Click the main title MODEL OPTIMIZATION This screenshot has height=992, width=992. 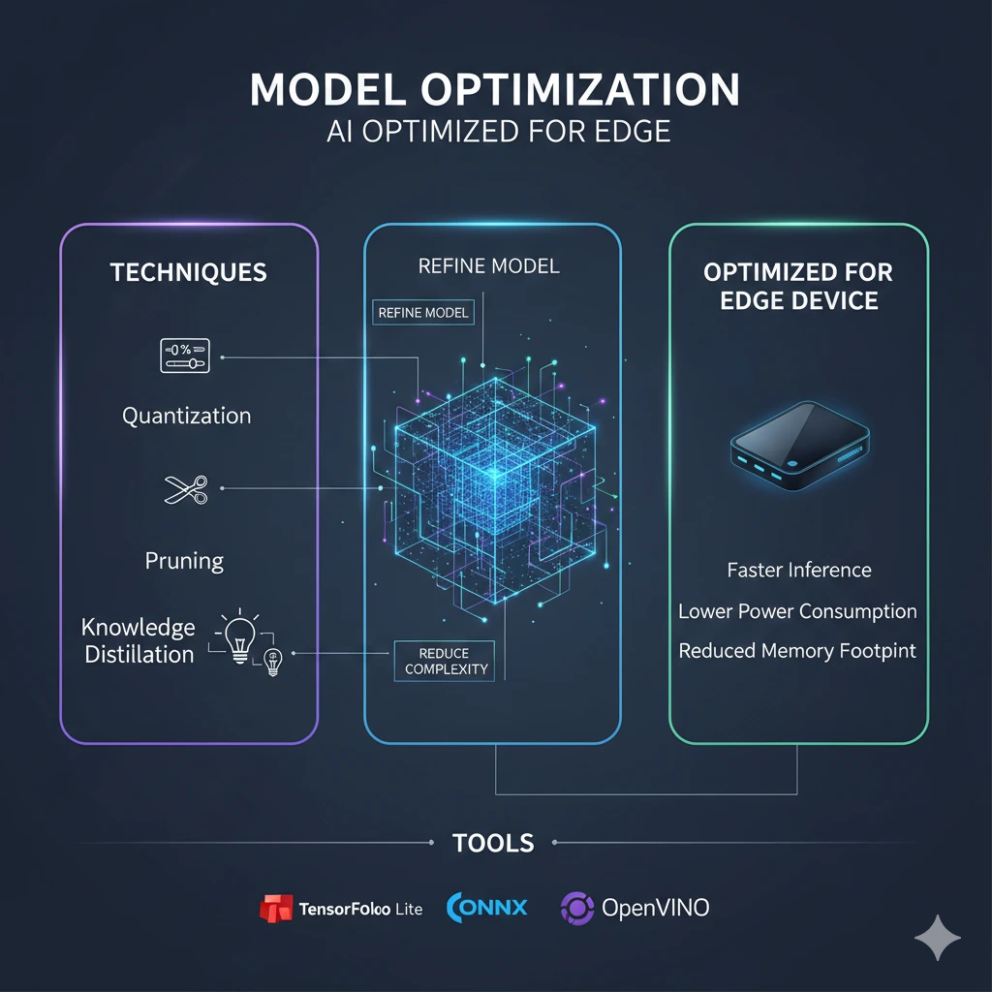pos(495,90)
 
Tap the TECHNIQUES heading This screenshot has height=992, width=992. pos(189,272)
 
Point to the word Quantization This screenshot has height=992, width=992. pos(186,416)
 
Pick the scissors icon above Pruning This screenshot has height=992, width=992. pos(186,489)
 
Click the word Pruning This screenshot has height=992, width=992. pos(184,561)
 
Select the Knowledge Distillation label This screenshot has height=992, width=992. pos(139,640)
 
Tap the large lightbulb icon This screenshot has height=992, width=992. pos(238,636)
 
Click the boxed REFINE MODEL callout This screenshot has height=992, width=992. pos(423,312)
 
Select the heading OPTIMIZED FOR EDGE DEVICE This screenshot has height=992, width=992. pos(798,286)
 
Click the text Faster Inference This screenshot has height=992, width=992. pos(799,570)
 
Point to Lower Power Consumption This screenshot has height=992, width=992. pos(797,611)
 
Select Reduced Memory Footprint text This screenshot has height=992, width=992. pos(797,651)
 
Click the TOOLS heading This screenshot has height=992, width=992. pos(493,843)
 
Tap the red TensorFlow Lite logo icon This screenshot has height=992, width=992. pos(276,908)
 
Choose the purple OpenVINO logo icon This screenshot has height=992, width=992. pos(577,908)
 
